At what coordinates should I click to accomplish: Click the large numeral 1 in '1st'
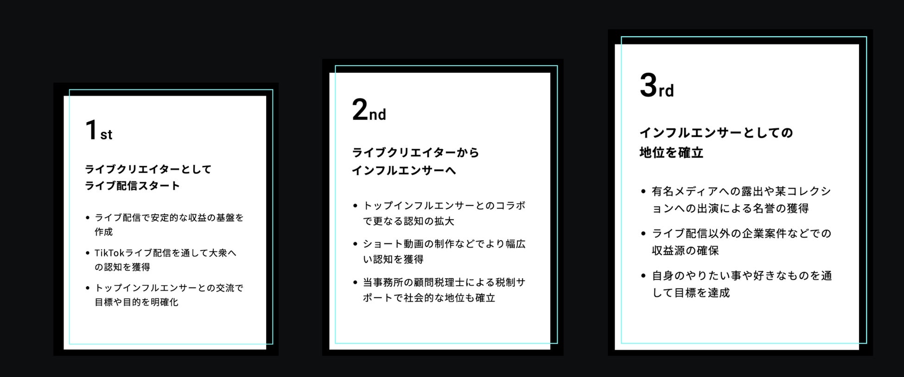pyautogui.click(x=91, y=130)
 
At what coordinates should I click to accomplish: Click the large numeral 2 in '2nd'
pyautogui.click(x=359, y=111)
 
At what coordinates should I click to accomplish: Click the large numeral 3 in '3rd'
pyautogui.click(x=648, y=86)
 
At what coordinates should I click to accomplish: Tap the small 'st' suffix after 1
pyautogui.click(x=106, y=135)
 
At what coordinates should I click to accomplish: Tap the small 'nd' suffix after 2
pyautogui.click(x=377, y=114)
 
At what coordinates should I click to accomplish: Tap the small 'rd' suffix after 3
pyautogui.click(x=666, y=90)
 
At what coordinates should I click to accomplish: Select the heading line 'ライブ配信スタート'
pyautogui.click(x=132, y=186)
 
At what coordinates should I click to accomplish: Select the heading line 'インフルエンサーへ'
pyautogui.click(x=404, y=171)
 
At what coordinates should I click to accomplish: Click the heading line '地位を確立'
pyautogui.click(x=671, y=153)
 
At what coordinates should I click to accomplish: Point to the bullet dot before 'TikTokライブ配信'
pyautogui.click(x=88, y=253)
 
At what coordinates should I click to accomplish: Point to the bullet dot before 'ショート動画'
pyautogui.click(x=355, y=244)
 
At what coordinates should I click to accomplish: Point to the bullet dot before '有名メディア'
pyautogui.click(x=643, y=191)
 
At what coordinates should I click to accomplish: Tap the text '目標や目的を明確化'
pyautogui.click(x=136, y=302)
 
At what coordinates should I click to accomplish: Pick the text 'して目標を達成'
pyautogui.click(x=691, y=293)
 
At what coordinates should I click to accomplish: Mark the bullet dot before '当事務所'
pyautogui.click(x=355, y=283)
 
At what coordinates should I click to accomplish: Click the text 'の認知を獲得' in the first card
pyautogui.click(x=122, y=267)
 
